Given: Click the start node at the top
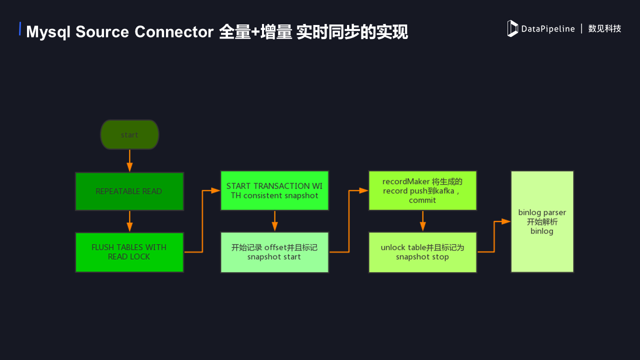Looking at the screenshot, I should click(x=129, y=134).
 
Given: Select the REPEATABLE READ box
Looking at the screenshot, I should click(x=129, y=191).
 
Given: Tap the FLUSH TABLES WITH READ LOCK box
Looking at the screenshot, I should click(x=129, y=252).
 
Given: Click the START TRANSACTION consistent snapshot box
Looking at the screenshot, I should click(x=274, y=190).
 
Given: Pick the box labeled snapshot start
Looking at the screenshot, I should click(x=274, y=252).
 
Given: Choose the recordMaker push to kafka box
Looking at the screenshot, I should click(x=422, y=190).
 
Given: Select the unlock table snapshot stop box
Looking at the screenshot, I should click(x=422, y=252).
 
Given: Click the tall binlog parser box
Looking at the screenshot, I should click(x=542, y=221).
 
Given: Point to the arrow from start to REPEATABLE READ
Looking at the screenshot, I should click(x=129, y=160).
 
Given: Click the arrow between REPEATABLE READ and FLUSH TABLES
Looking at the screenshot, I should click(x=129, y=221).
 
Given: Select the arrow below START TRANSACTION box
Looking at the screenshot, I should click(x=274, y=220).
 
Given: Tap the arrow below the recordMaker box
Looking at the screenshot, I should click(x=422, y=220).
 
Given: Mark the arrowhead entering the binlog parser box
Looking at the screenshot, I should click(x=506, y=221).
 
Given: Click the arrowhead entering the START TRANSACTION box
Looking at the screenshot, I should click(x=216, y=190).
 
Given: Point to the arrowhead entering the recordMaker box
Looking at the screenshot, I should click(x=364, y=190).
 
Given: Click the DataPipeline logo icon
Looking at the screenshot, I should click(x=512, y=28).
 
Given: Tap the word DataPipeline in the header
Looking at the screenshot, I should click(x=548, y=29).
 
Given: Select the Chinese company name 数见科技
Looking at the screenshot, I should click(x=604, y=29).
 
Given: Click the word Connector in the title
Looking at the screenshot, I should click(x=174, y=32).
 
